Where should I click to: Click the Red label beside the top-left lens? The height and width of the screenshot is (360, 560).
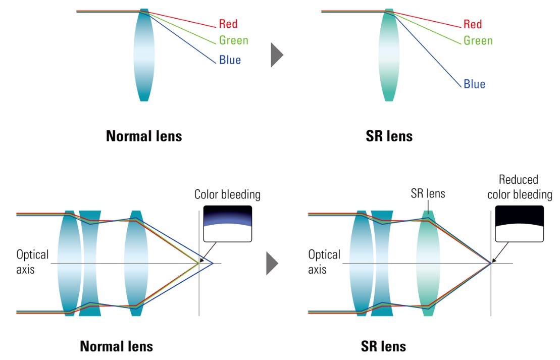click(x=228, y=24)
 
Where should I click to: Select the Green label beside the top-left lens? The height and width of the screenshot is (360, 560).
click(x=233, y=40)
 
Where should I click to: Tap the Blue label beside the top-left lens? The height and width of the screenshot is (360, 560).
click(x=230, y=60)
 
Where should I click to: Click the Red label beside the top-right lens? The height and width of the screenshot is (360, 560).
click(x=473, y=24)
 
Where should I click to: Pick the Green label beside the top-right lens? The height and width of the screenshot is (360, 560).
click(x=478, y=40)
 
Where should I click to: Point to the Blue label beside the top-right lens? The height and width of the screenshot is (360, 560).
click(x=474, y=84)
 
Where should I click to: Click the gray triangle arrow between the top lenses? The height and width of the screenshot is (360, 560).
click(x=276, y=55)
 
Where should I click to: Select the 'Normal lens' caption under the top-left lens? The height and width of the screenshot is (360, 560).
click(x=144, y=136)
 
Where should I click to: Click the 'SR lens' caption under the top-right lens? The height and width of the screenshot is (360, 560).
click(x=389, y=136)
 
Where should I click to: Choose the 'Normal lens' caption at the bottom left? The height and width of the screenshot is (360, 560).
click(x=116, y=346)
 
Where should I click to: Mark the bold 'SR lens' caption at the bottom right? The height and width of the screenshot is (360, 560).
click(x=383, y=346)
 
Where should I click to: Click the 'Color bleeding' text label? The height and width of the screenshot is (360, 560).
click(x=227, y=194)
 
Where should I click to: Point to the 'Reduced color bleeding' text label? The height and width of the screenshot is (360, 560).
click(x=519, y=187)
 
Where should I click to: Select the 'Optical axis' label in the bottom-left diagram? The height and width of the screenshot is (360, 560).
click(x=32, y=262)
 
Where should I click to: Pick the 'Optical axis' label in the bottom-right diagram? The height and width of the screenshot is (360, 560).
click(x=324, y=262)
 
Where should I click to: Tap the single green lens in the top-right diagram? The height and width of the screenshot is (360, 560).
click(x=389, y=55)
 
